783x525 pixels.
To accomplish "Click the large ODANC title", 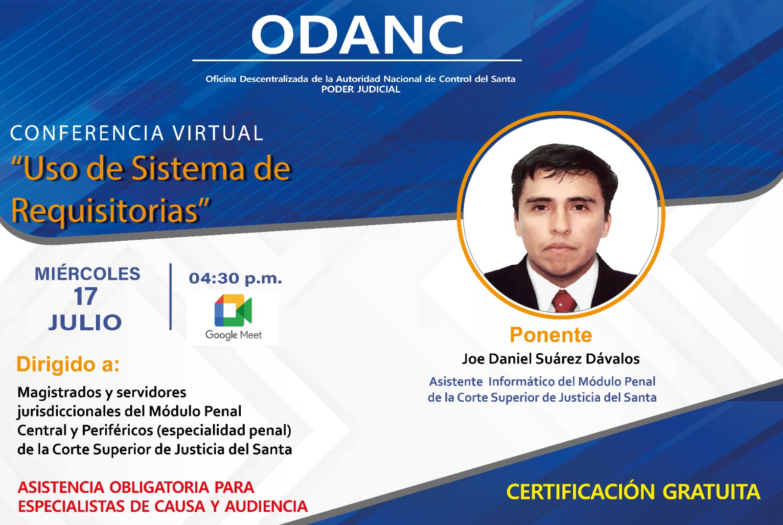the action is [x=357, y=35].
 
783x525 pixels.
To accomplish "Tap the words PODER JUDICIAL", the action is [x=361, y=90].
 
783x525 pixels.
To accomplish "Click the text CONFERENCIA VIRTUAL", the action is [x=137, y=133].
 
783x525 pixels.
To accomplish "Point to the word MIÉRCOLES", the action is [x=88, y=273].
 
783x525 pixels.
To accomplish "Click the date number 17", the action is [x=85, y=297].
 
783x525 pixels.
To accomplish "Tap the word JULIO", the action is [x=85, y=322].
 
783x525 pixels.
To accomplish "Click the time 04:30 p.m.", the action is [x=235, y=278].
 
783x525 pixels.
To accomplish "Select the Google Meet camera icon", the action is [x=233, y=310].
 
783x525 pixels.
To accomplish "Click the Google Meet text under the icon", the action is [x=233, y=335].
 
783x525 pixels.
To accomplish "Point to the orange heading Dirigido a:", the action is [x=68, y=364].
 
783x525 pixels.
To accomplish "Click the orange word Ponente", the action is [x=551, y=335].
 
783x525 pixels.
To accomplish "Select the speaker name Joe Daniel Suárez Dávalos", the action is [x=551, y=359].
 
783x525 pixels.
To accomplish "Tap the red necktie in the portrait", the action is [x=563, y=300].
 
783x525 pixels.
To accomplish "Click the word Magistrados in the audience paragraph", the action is [x=60, y=392].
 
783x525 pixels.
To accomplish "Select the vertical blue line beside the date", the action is [x=171, y=297].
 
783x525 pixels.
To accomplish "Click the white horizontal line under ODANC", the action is [x=357, y=61].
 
